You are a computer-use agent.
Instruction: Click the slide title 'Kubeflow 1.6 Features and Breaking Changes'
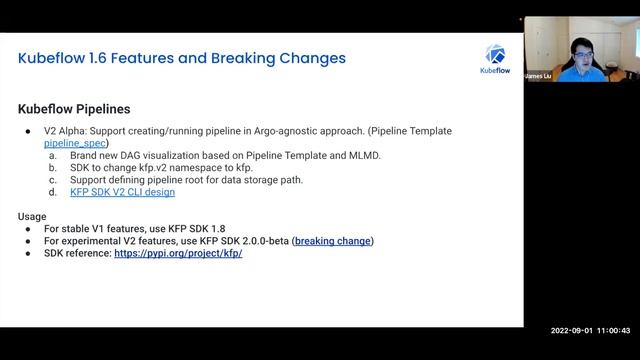182,58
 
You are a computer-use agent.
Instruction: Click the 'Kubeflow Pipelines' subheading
74,108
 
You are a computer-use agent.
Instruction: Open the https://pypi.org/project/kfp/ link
178,253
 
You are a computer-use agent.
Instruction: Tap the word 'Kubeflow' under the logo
495,71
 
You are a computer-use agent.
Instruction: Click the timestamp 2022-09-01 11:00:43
590,330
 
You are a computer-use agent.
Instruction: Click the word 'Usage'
33,216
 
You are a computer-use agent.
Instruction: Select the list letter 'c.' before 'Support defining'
53,180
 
